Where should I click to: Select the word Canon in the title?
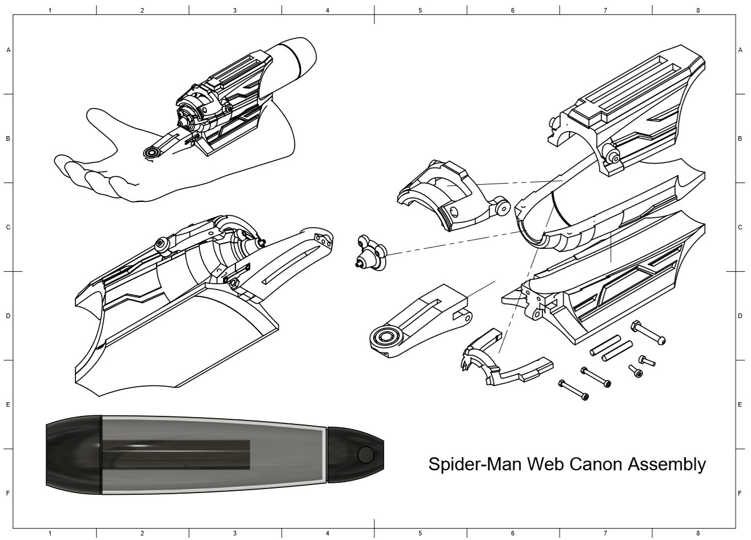coord(596,464)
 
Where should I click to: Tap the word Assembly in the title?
coord(667,464)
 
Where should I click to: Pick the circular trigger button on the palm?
coord(153,153)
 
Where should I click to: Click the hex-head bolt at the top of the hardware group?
coord(649,333)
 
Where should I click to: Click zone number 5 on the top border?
coord(420,10)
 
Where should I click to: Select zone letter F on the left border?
coord(8,493)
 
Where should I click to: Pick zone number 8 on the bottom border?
coord(698,534)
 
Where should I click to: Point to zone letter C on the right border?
coord(740,227)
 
